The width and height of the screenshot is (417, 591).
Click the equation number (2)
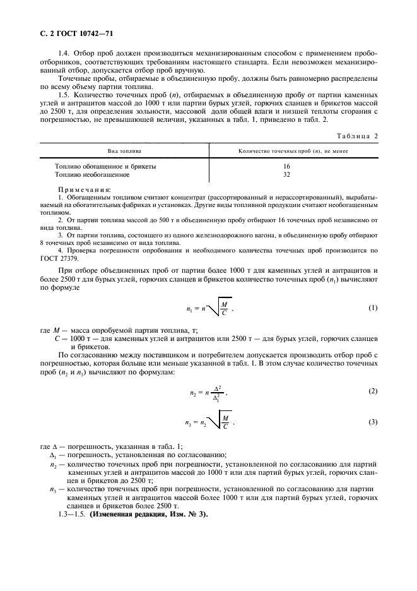372,391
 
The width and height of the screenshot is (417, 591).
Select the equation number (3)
372,422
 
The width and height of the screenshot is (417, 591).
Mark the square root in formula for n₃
219,422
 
